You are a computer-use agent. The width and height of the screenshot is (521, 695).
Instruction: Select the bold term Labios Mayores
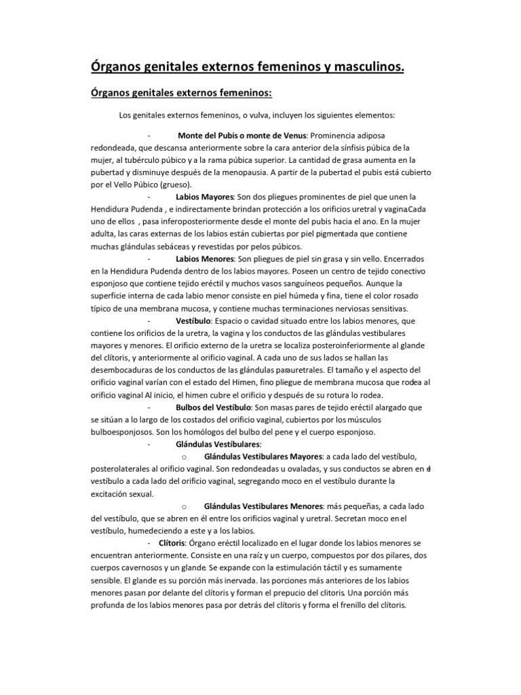coord(204,197)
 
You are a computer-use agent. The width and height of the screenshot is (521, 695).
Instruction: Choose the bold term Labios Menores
coord(204,258)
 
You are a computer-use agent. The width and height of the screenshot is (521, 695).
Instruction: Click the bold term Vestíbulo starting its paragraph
coord(193,320)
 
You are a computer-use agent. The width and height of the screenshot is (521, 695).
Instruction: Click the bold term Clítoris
coord(171,544)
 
